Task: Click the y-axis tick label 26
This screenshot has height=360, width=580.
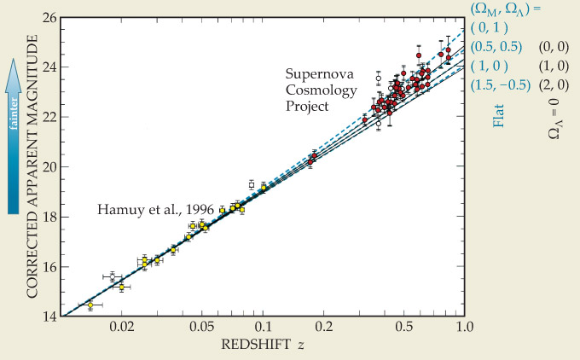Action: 49,17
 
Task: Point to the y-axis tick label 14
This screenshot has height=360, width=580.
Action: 49,316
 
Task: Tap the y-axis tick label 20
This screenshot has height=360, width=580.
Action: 49,166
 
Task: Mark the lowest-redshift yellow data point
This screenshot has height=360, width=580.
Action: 90,305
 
